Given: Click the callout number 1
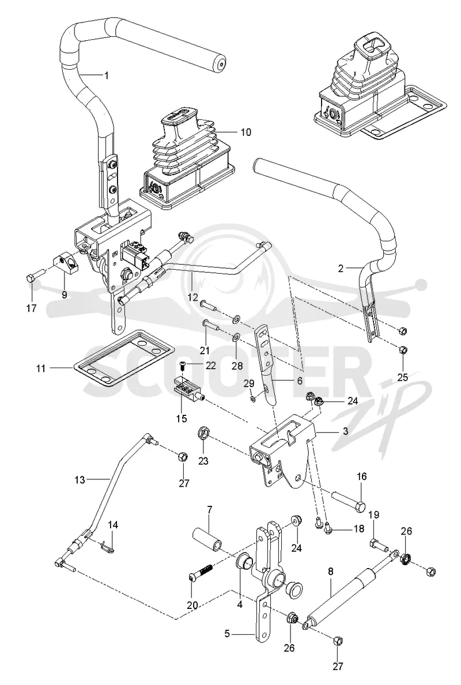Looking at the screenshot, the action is click(106, 75).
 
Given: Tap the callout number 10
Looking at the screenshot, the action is click(246, 131).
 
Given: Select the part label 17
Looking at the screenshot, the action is click(31, 308).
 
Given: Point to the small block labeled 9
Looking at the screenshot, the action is click(66, 263).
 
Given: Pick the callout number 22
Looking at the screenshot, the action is click(210, 366).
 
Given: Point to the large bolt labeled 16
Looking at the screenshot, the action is click(348, 501).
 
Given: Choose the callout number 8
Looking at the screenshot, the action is click(330, 570).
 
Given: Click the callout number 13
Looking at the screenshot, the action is click(80, 480).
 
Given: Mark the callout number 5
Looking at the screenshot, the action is click(227, 633).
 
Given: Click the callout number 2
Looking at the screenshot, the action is click(341, 268).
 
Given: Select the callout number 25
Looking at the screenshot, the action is click(402, 377).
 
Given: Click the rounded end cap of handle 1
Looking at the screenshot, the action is click(218, 64).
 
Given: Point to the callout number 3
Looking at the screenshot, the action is click(345, 432).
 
